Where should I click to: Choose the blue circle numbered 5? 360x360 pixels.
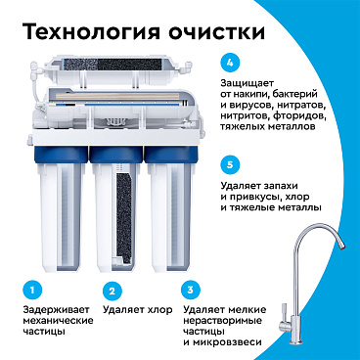pyautogui.click(x=230, y=164)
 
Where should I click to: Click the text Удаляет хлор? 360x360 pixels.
pyautogui.click(x=138, y=310)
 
